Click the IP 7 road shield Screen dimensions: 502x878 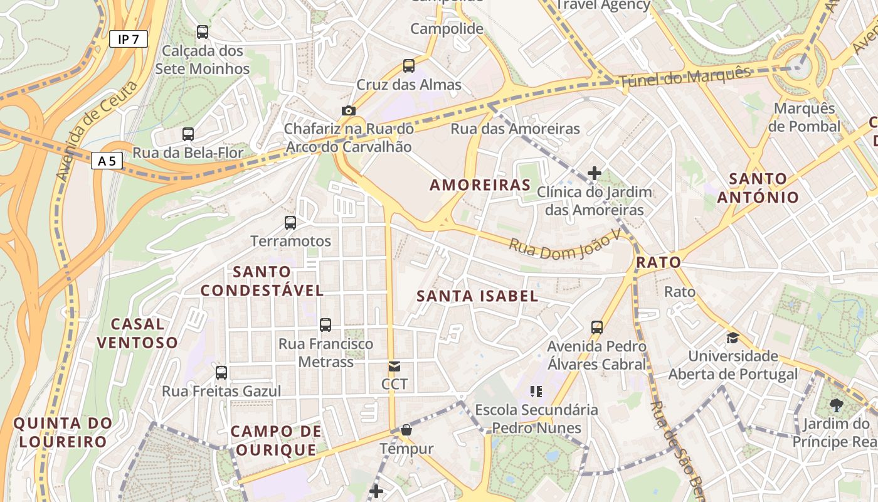click(x=128, y=40)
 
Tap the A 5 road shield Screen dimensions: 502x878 click(x=107, y=161)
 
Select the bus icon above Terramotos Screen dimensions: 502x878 click(x=290, y=222)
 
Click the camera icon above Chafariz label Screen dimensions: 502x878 click(x=349, y=110)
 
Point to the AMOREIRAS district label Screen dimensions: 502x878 click(x=480, y=184)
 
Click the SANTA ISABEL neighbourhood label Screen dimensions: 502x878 click(x=477, y=296)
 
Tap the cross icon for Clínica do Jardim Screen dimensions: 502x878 click(x=595, y=173)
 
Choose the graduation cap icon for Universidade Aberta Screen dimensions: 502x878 click(x=733, y=338)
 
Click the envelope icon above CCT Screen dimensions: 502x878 click(x=394, y=366)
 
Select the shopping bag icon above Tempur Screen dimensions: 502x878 click(x=406, y=430)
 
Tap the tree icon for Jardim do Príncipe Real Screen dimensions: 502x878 click(x=836, y=405)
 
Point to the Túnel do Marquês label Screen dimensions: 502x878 click(x=684, y=77)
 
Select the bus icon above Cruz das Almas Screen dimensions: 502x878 click(x=409, y=65)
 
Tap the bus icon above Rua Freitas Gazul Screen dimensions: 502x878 click(x=221, y=373)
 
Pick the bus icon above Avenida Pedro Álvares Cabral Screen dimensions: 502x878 click(x=597, y=327)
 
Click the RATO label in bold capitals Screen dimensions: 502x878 click(x=658, y=262)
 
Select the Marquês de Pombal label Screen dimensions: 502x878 click(x=805, y=117)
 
